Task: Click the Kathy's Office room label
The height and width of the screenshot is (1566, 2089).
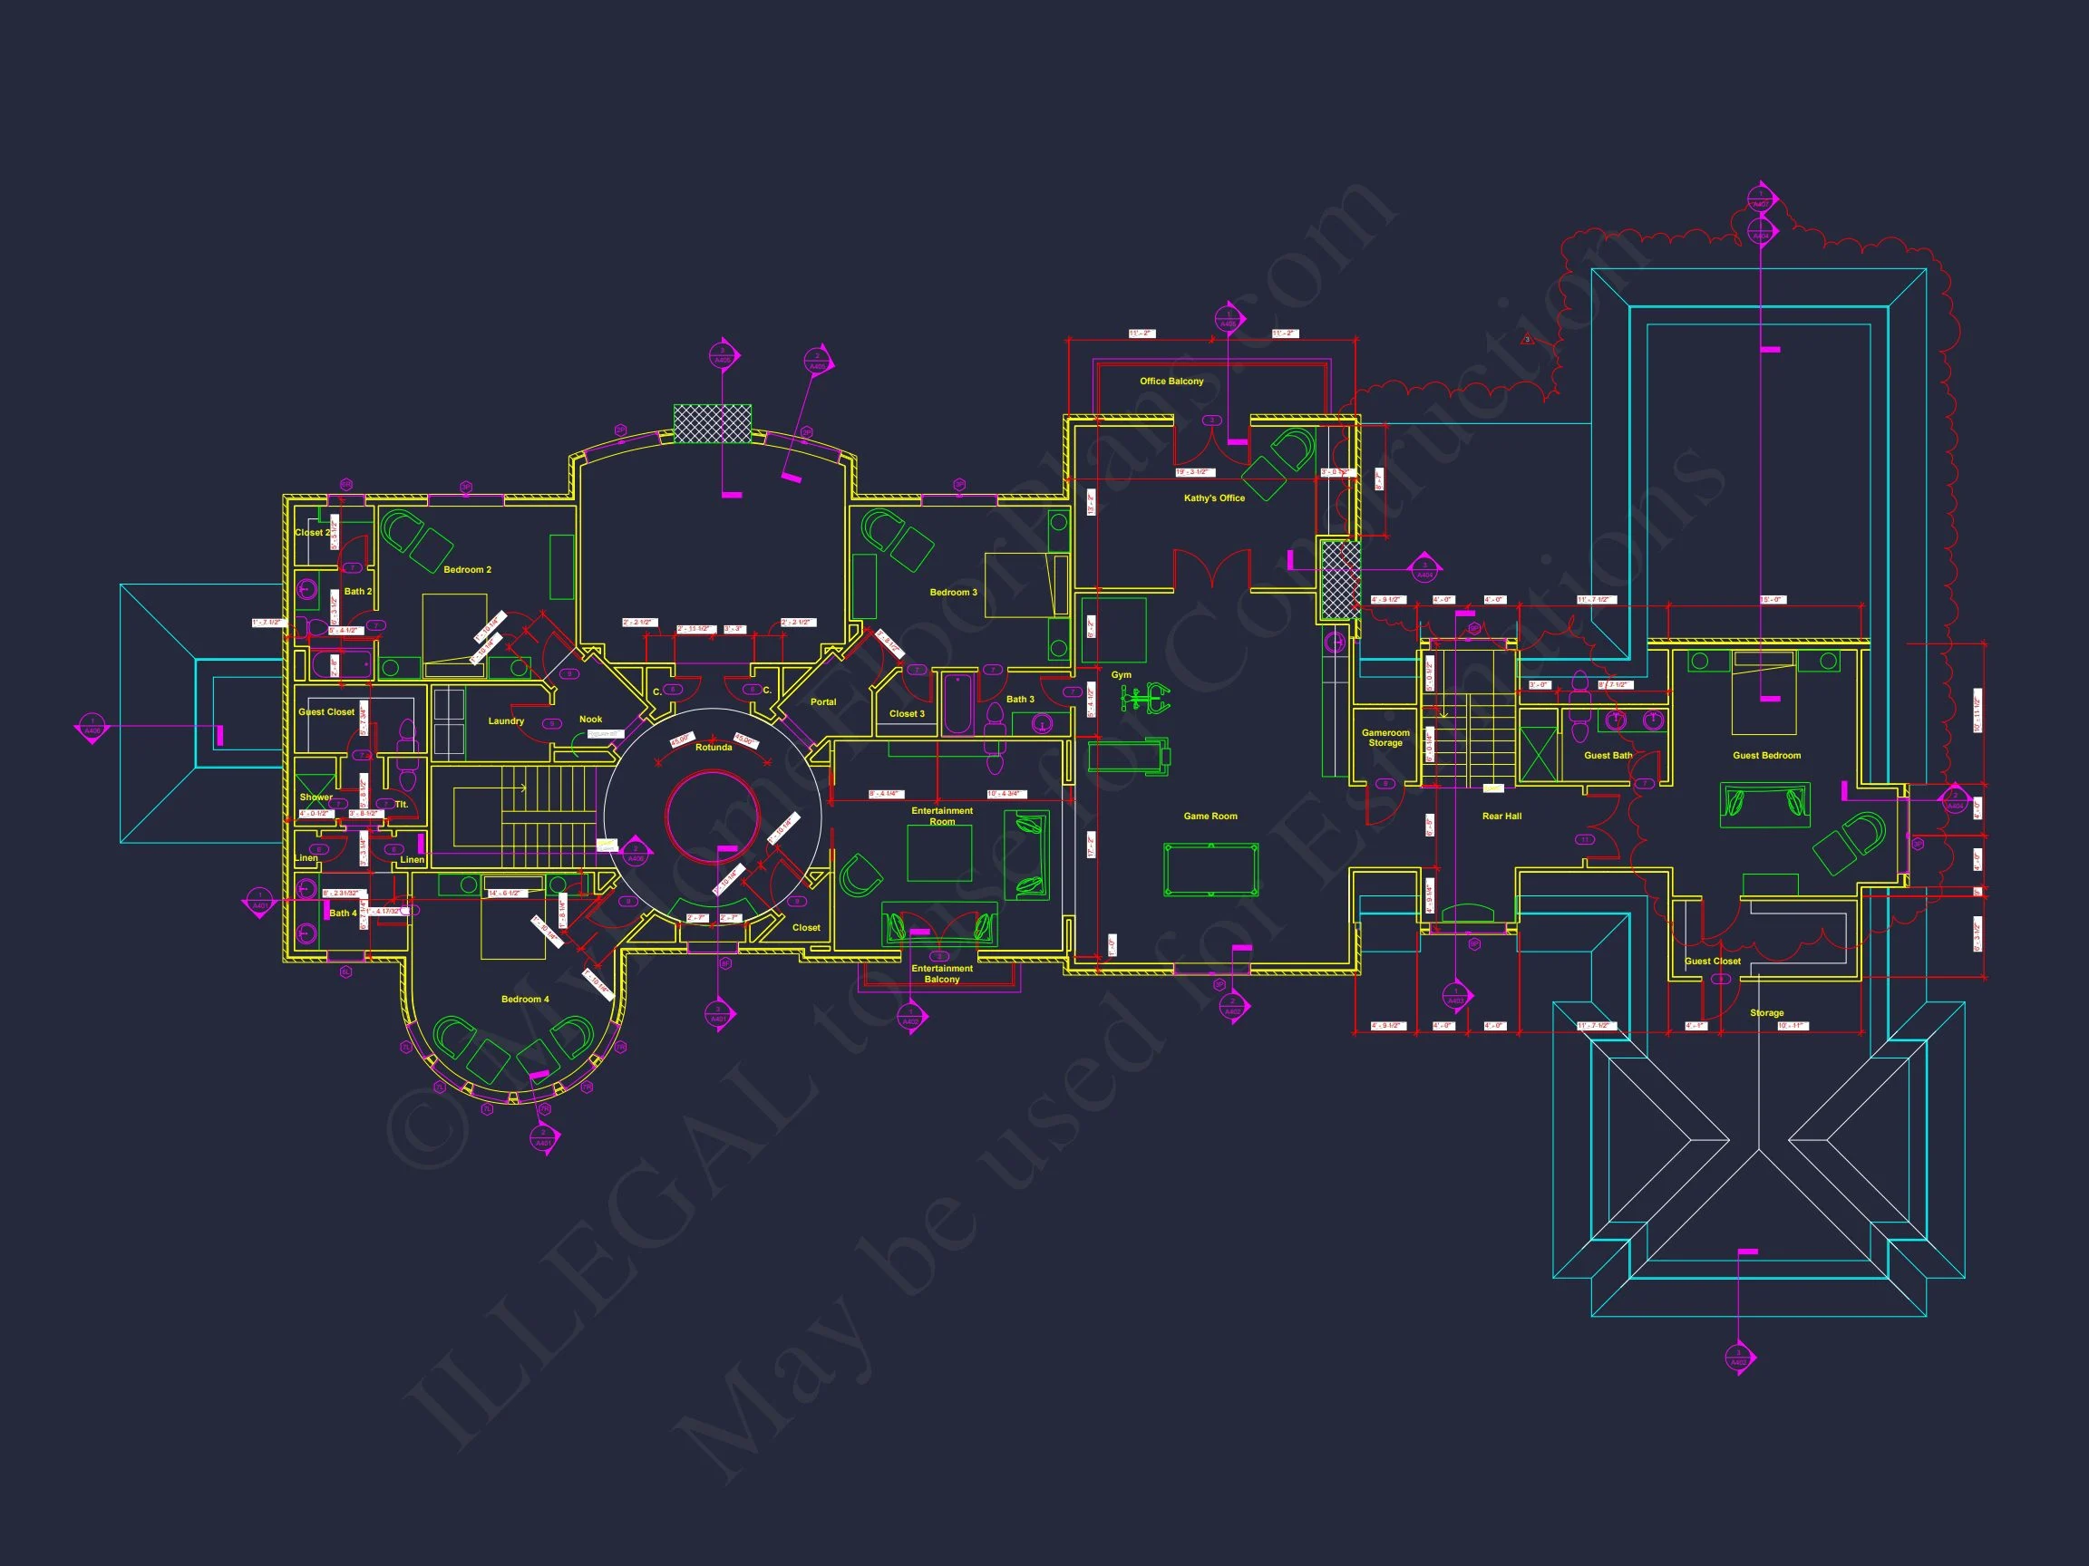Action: tap(1213, 498)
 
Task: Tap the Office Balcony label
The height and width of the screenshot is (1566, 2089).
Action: tap(1171, 382)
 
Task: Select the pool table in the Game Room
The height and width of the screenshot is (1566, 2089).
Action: tap(1210, 869)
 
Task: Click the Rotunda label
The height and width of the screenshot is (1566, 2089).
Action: tap(713, 748)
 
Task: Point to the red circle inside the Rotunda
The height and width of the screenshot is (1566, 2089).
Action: tap(713, 817)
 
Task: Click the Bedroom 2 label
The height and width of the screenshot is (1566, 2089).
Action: tap(468, 570)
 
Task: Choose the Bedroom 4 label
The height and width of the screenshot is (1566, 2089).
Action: tap(525, 999)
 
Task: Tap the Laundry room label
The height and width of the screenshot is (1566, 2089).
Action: tap(506, 721)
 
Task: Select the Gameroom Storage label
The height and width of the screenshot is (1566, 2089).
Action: tap(1385, 739)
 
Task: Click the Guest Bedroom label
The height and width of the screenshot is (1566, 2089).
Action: tap(1766, 755)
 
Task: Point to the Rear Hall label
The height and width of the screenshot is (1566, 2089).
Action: tap(1501, 817)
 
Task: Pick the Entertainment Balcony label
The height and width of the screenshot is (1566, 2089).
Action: tap(941, 974)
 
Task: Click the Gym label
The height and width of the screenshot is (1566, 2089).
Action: tap(1121, 675)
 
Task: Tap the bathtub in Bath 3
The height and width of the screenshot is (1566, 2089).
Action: tap(957, 703)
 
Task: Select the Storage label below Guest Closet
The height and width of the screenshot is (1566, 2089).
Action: tap(1766, 1013)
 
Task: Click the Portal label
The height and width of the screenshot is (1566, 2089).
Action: tap(822, 702)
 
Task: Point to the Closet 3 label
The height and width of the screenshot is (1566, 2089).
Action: tap(907, 713)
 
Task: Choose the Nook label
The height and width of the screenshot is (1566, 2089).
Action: tap(590, 720)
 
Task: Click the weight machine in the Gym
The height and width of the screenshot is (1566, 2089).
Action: tap(1144, 699)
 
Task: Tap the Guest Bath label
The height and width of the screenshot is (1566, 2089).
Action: tap(1608, 755)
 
